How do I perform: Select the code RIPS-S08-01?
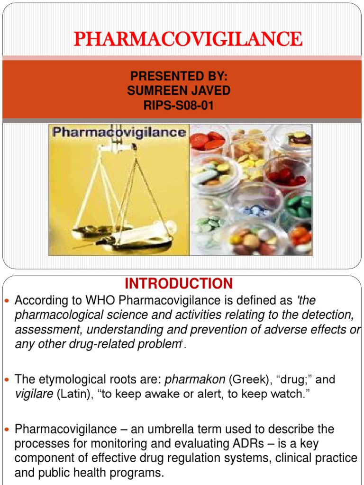(178, 105)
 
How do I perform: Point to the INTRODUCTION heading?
(179, 284)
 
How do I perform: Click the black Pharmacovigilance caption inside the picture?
(119, 132)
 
